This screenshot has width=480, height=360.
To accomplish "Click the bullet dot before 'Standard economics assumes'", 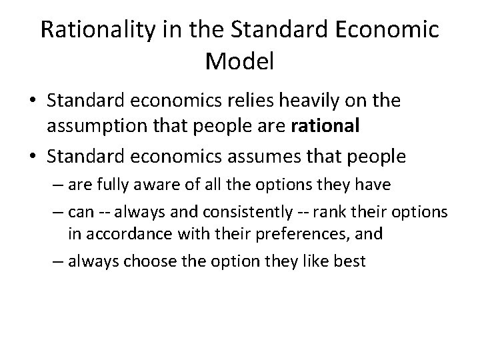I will point(32,158).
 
